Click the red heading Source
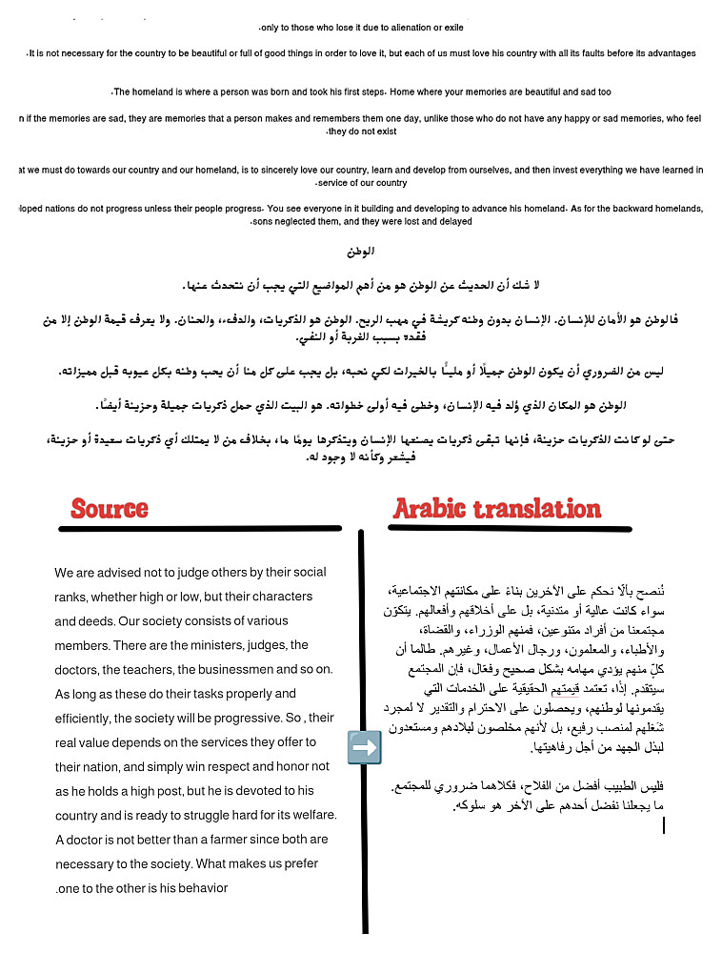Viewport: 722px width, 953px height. click(x=110, y=509)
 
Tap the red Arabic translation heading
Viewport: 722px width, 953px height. click(x=496, y=509)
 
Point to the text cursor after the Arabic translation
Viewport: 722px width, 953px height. click(x=663, y=824)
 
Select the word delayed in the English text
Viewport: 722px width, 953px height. click(x=453, y=221)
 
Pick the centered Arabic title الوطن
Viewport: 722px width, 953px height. click(x=361, y=253)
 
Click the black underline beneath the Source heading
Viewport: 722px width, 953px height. click(x=198, y=528)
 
